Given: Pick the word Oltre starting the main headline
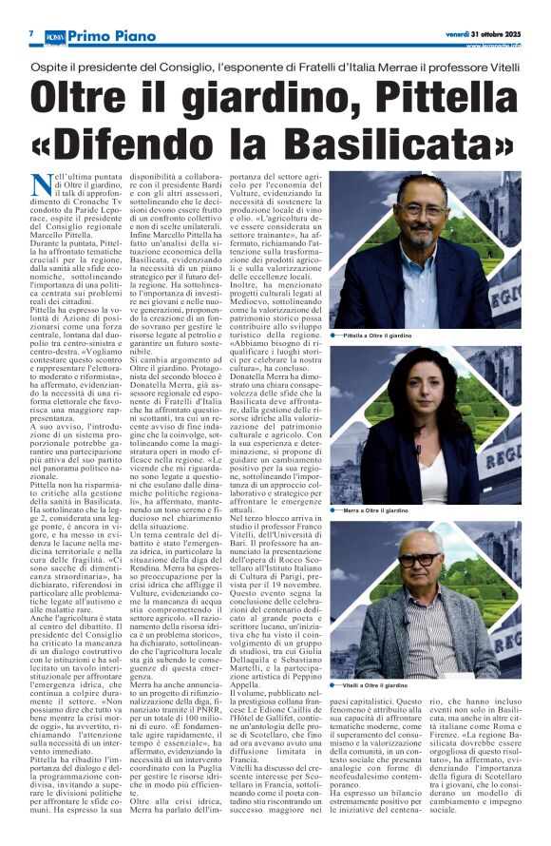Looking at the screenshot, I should point(85,99).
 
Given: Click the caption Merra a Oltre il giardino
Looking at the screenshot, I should point(400,510).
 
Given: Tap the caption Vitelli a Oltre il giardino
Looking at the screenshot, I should point(400,684).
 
